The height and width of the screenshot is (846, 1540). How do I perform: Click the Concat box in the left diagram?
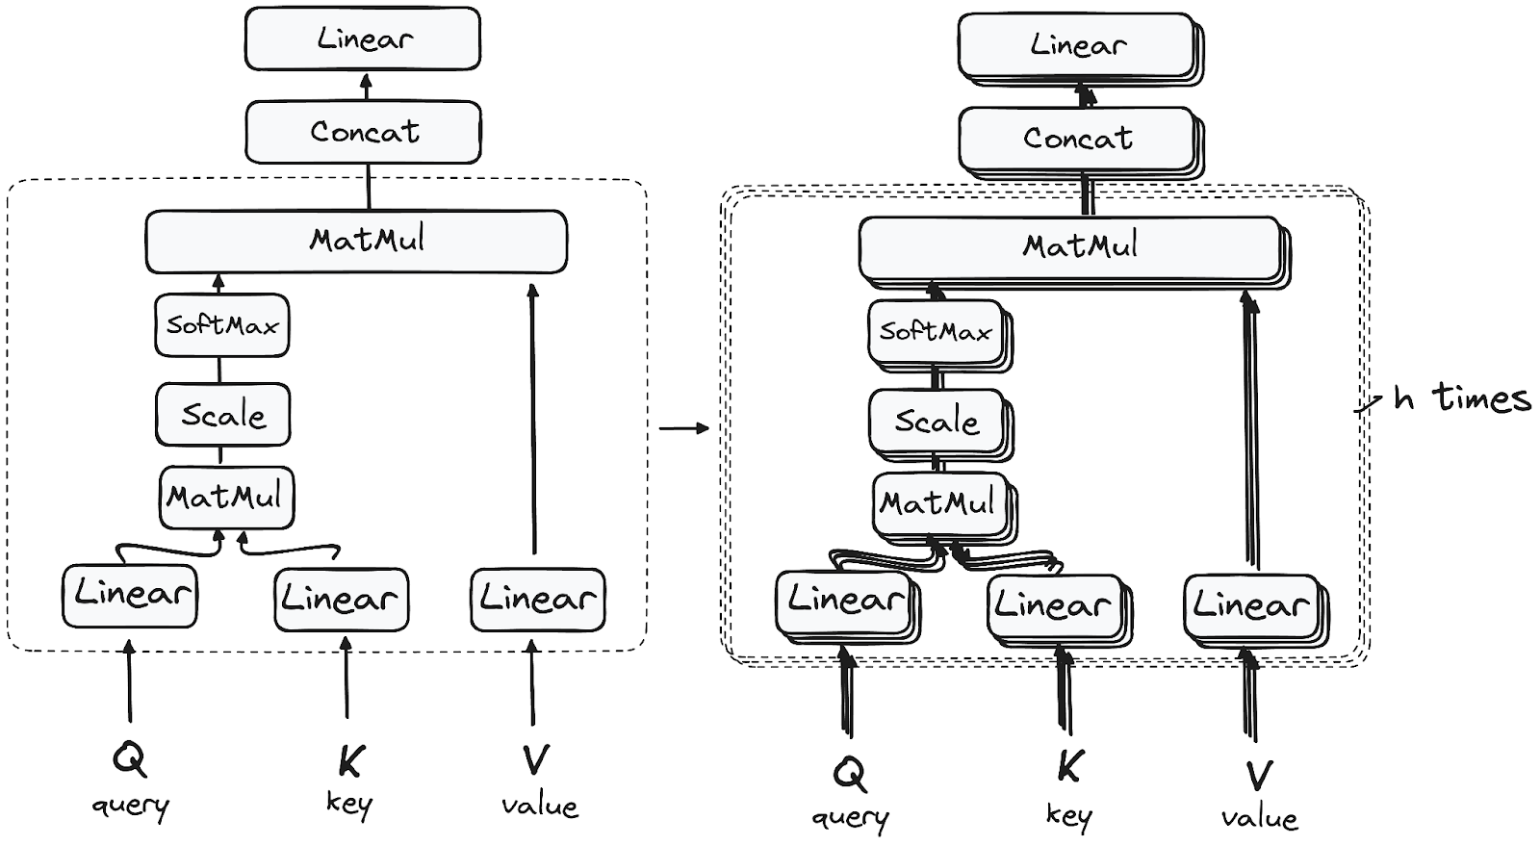[x=363, y=132]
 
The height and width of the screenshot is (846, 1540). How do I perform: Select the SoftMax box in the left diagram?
[x=222, y=325]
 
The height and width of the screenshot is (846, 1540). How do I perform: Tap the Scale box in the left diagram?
[x=223, y=415]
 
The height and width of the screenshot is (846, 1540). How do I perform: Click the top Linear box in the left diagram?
[x=363, y=38]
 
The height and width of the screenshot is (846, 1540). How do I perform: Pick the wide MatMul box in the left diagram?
[x=356, y=241]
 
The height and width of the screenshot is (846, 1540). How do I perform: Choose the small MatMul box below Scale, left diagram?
[x=226, y=498]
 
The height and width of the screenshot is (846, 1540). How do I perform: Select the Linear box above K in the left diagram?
[x=342, y=600]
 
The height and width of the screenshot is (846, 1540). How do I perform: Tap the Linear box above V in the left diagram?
[x=538, y=600]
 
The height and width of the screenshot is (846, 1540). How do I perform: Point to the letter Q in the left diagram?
[x=129, y=760]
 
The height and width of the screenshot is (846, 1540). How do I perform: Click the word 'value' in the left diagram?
[x=539, y=806]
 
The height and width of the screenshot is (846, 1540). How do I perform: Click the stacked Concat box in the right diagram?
[x=1078, y=139]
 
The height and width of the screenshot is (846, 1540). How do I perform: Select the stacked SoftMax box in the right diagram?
[x=936, y=332]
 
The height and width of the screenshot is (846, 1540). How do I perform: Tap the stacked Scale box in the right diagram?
[x=937, y=422]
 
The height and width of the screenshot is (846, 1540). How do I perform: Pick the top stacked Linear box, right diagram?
[x=1078, y=45]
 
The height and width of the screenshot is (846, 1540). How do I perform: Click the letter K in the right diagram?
[x=1069, y=768]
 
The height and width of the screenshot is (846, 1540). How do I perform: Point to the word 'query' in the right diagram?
[x=850, y=818]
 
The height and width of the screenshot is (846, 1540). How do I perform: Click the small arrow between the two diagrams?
[x=683, y=427]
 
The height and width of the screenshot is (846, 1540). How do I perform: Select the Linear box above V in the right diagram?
[x=1251, y=606]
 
